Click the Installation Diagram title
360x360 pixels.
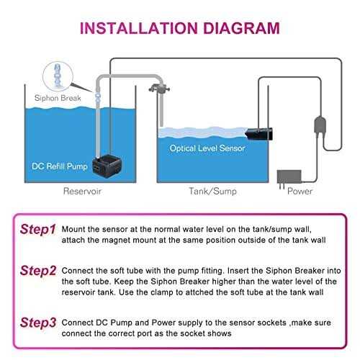click(x=179, y=29)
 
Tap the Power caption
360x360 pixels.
click(x=300, y=192)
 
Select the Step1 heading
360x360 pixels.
click(x=37, y=230)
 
